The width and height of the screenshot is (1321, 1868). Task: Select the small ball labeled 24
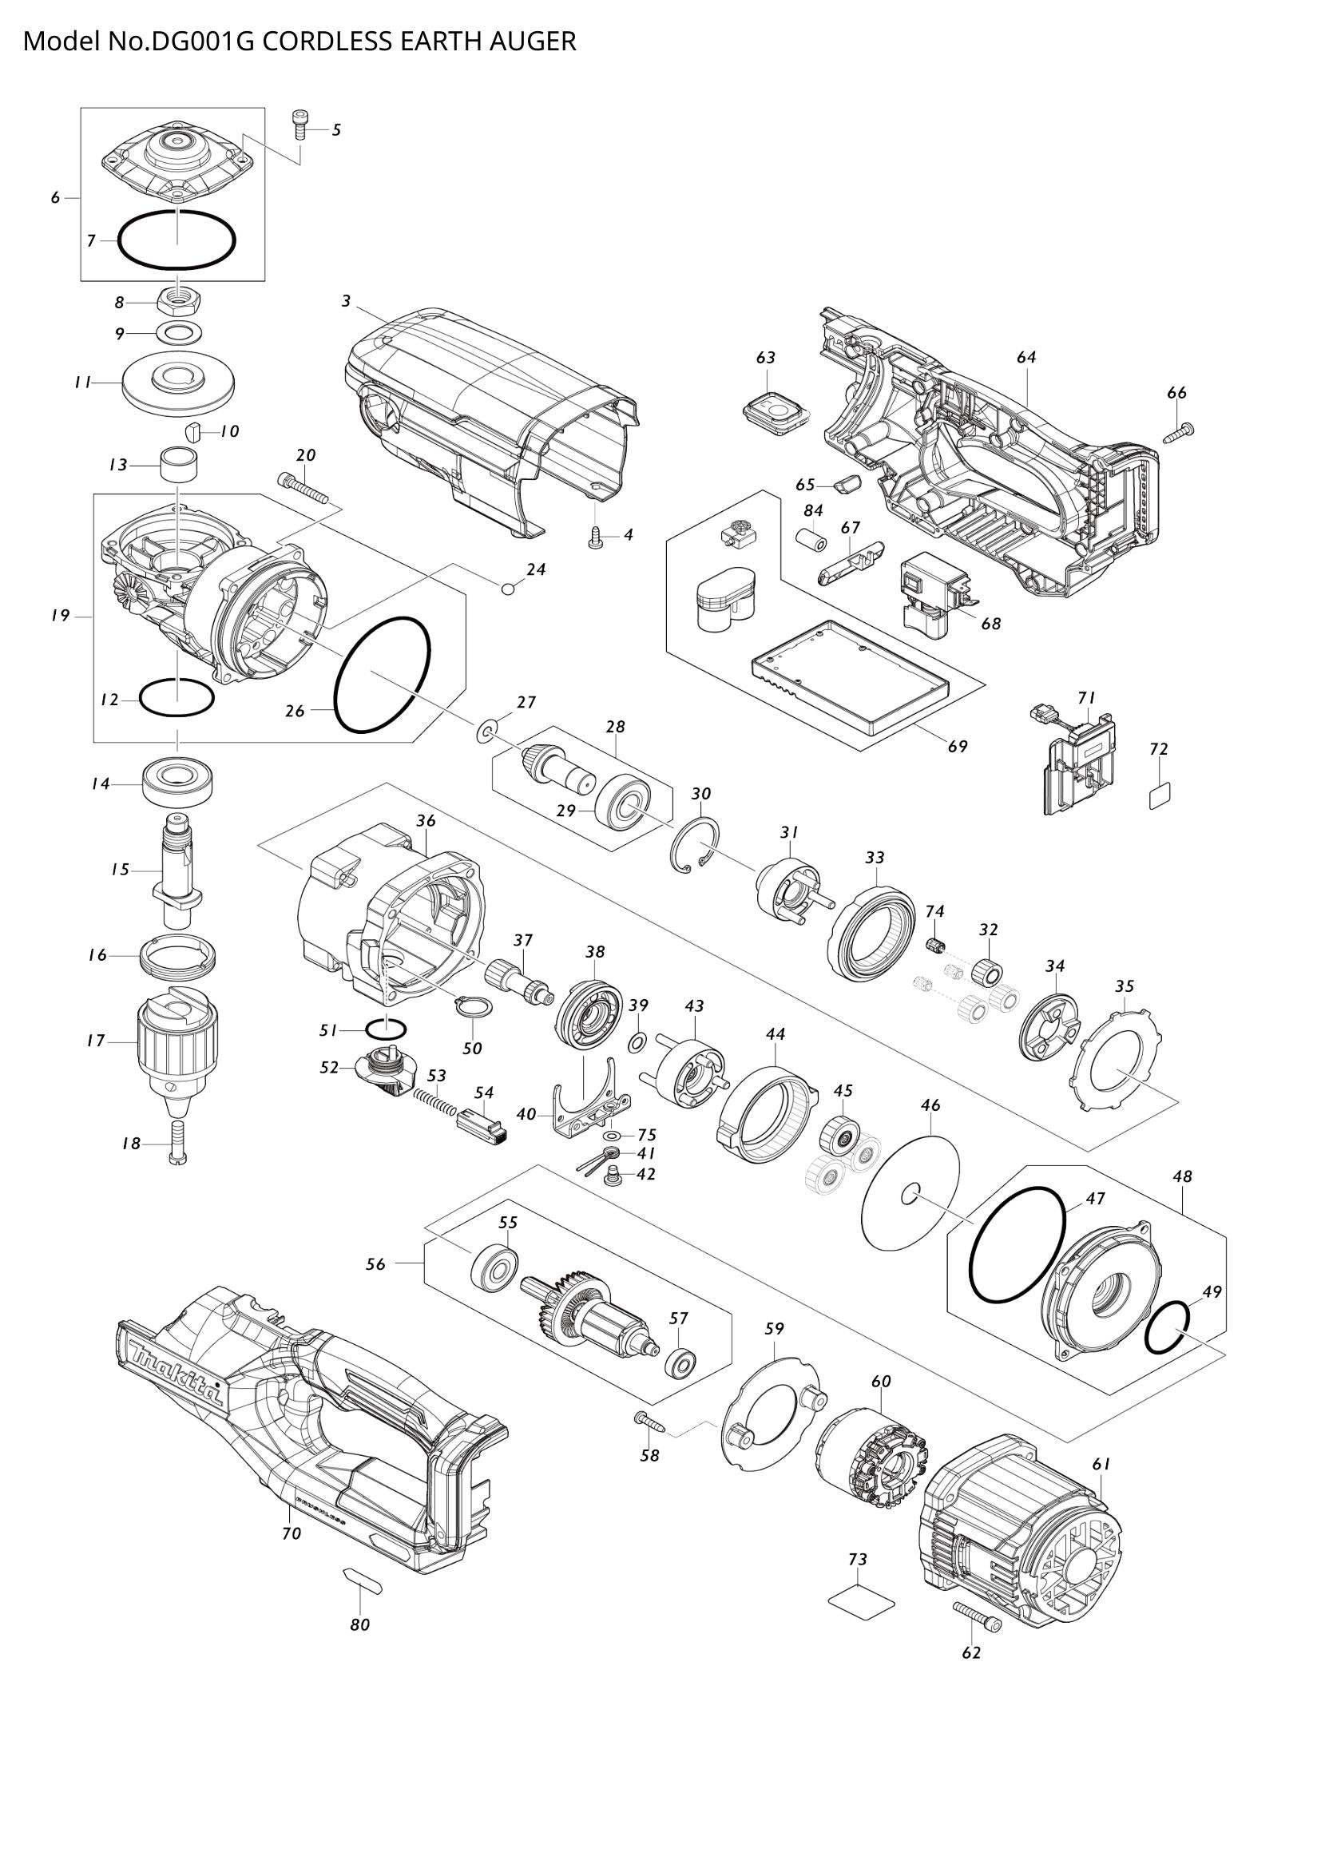(x=509, y=588)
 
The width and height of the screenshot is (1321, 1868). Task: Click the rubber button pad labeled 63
(x=772, y=404)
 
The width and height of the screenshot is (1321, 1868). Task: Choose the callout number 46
(x=930, y=1105)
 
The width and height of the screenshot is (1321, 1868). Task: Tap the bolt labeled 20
(x=303, y=488)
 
